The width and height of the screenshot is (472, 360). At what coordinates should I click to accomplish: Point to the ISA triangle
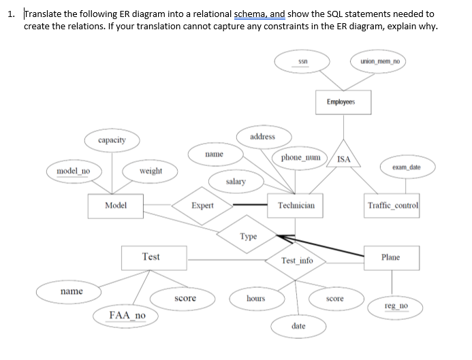pyautogui.click(x=344, y=158)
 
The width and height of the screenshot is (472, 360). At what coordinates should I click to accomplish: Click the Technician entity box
pyautogui.click(x=296, y=205)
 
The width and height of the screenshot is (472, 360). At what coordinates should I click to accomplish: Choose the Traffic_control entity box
pyautogui.click(x=393, y=205)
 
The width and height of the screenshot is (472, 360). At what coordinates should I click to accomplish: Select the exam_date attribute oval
pyautogui.click(x=406, y=167)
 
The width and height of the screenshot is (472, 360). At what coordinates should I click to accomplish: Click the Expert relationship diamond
pyautogui.click(x=202, y=205)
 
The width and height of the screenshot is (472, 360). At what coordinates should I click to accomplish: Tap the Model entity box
pyautogui.click(x=115, y=205)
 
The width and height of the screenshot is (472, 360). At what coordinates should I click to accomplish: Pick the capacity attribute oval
pyautogui.click(x=112, y=140)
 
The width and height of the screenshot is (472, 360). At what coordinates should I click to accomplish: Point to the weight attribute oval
pyautogui.click(x=151, y=170)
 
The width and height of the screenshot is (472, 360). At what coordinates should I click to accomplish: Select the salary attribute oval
pyautogui.click(x=236, y=182)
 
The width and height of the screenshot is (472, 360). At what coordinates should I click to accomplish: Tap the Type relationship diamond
pyautogui.click(x=249, y=236)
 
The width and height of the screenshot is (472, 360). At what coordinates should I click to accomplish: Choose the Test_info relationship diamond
pyautogui.click(x=297, y=261)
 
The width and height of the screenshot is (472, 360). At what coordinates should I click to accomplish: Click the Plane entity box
pyautogui.click(x=391, y=257)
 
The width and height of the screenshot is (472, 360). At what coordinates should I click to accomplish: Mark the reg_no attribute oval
pyautogui.click(x=396, y=308)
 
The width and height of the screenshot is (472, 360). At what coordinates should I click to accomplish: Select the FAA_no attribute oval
pyautogui.click(x=127, y=316)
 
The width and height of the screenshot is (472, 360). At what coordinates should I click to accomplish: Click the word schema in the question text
pyautogui.click(x=249, y=14)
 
